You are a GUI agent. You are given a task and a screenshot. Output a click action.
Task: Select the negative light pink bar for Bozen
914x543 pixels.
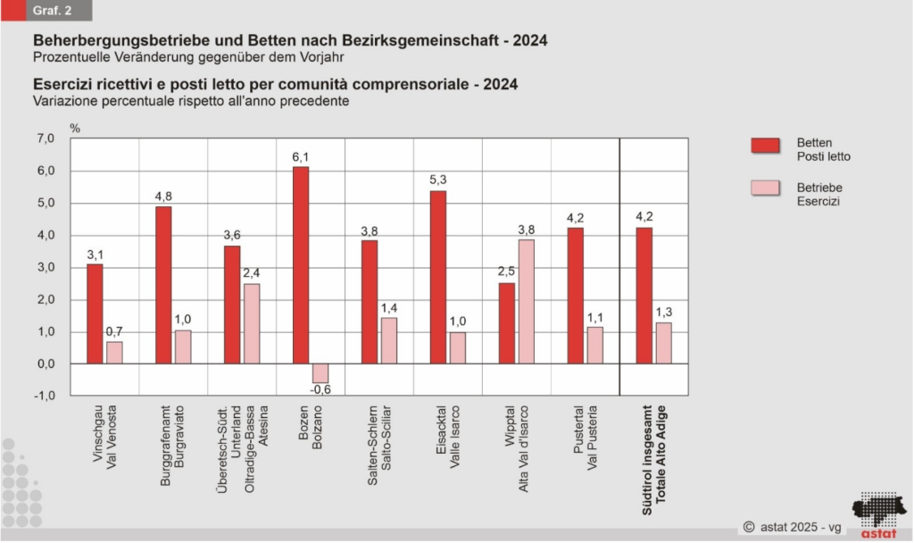coord(320,372)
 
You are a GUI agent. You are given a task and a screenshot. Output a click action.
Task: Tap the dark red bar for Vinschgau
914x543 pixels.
coord(95,313)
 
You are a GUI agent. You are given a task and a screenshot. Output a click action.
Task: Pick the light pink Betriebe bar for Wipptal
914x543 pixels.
coord(527,301)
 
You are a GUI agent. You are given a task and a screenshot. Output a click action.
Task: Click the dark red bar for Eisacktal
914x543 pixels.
coord(438,277)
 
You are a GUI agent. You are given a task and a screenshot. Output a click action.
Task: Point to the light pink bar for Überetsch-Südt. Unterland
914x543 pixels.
coord(252,323)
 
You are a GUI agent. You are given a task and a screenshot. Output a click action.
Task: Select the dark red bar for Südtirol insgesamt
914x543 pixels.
coord(644,296)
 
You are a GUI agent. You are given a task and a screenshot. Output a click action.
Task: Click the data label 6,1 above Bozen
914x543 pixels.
coord(301,157)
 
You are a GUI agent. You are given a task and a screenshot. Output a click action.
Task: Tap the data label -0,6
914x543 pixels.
coord(320,390)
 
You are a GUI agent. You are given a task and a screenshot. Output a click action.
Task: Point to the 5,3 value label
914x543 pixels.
coord(438,181)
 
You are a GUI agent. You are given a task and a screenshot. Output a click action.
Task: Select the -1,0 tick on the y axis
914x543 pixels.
coord(46,396)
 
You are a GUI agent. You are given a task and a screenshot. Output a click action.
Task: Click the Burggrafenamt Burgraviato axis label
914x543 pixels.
coord(173,447)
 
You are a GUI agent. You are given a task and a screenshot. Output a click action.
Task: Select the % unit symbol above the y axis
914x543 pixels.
coord(75,128)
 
